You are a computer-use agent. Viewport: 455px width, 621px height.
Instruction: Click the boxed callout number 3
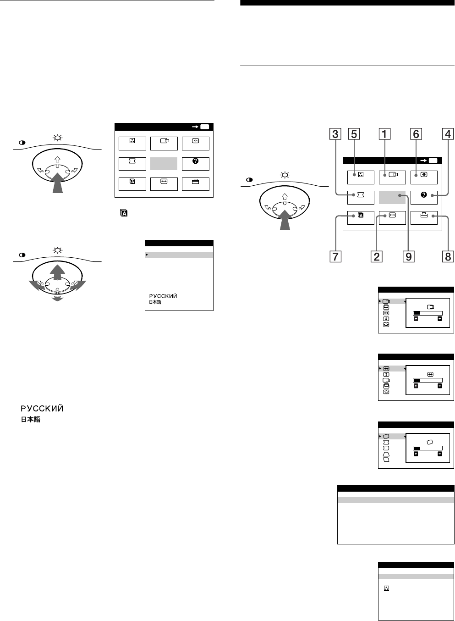pyautogui.click(x=336, y=134)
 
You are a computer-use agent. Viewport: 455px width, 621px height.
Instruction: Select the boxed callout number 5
pyautogui.click(x=354, y=134)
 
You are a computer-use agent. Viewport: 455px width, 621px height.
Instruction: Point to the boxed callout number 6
pyautogui.click(x=416, y=134)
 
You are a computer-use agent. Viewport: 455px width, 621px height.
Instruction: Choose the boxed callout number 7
pyautogui.click(x=336, y=256)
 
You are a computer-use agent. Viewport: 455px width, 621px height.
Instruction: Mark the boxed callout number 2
pyautogui.click(x=376, y=256)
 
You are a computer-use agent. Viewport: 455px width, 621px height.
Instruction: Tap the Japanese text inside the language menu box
pyautogui.click(x=154, y=303)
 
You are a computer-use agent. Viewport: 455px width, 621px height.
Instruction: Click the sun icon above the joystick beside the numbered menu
pyautogui.click(x=285, y=175)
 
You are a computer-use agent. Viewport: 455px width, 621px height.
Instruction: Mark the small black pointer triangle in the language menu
pyautogui.click(x=147, y=254)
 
